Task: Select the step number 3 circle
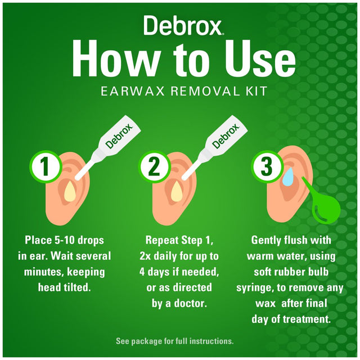point(263,167)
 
